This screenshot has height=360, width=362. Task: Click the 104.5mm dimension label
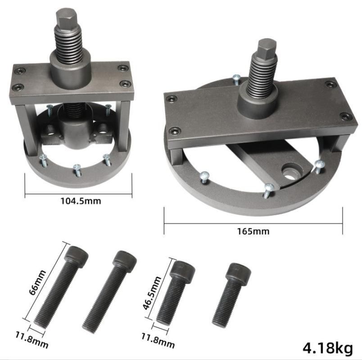click(81, 201)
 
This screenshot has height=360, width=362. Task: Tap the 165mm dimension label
click(253, 231)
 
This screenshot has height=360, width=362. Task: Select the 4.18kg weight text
click(328, 348)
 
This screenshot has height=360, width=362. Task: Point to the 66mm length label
click(37, 282)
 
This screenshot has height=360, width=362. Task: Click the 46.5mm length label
click(151, 292)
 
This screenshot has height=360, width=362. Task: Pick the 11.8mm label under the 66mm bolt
click(32, 340)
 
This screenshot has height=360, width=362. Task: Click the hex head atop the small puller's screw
click(67, 18)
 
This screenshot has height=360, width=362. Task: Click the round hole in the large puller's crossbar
click(290, 173)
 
